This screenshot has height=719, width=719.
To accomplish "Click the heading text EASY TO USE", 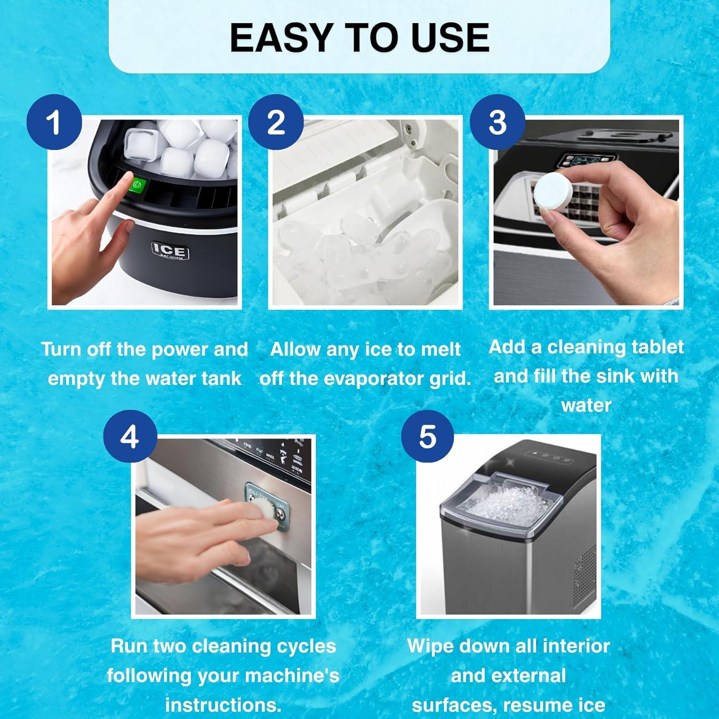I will pyautogui.click(x=359, y=37).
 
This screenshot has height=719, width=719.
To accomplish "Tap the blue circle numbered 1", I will pyautogui.click(x=54, y=122).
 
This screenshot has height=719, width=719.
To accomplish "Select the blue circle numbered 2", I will pyautogui.click(x=276, y=122).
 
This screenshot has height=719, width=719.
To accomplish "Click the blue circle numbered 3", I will pyautogui.click(x=497, y=122).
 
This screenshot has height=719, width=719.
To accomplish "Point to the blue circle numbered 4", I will pyautogui.click(x=129, y=437).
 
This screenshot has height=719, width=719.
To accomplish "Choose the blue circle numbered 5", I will pyautogui.click(x=428, y=437).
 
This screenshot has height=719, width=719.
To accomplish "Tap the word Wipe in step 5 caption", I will pyautogui.click(x=429, y=646).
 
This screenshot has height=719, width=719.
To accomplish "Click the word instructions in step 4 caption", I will pyautogui.click(x=223, y=705).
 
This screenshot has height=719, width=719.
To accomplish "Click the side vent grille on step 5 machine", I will pyautogui.click(x=585, y=575).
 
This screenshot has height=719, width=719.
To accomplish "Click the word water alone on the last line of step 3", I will pyautogui.click(x=586, y=406).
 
